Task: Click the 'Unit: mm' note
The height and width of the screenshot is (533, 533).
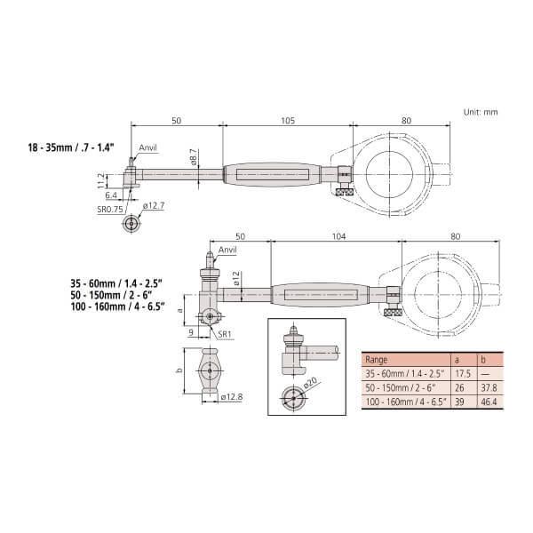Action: [481, 112]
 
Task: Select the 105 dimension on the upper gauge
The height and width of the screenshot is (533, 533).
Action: [288, 121]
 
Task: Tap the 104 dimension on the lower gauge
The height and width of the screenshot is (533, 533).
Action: [338, 236]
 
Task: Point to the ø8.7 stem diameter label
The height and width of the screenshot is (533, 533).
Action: [194, 158]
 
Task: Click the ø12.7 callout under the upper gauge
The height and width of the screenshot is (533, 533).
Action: [154, 205]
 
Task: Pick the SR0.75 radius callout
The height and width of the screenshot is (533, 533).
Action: [110, 209]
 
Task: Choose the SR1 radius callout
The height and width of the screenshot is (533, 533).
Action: [225, 334]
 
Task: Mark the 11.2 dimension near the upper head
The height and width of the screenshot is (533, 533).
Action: [101, 180]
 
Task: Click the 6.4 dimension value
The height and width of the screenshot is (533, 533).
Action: [111, 195]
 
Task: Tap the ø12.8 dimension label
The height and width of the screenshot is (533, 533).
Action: [232, 397]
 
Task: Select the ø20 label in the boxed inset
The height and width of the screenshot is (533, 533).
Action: [309, 383]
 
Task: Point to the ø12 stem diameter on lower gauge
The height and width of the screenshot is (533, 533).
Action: [236, 278]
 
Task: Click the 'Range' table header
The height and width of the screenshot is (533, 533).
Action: [376, 360]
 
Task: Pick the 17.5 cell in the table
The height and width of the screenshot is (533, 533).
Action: [463, 374]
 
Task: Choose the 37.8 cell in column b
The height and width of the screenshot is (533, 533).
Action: [489, 388]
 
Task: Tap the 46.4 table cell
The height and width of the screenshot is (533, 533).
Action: [489, 402]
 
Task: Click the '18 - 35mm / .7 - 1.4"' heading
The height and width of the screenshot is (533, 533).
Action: [71, 147]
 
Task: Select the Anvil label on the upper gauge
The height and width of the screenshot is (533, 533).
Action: [147, 147]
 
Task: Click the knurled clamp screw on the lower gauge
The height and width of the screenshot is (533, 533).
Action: [393, 313]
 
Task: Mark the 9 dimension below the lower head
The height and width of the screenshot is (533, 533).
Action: [191, 331]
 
